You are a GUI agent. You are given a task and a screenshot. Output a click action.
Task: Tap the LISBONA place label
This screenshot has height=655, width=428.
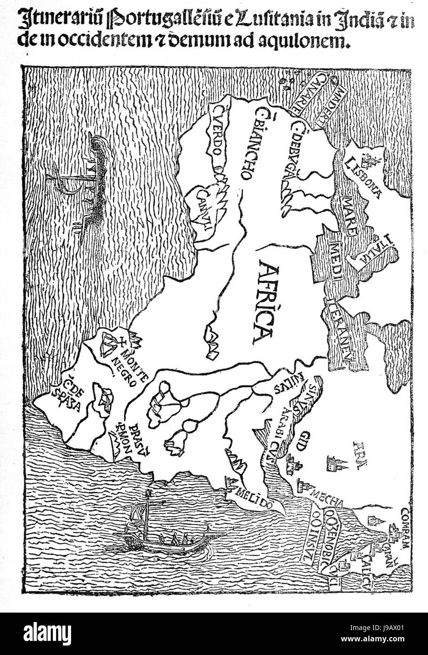coord(364,177)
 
